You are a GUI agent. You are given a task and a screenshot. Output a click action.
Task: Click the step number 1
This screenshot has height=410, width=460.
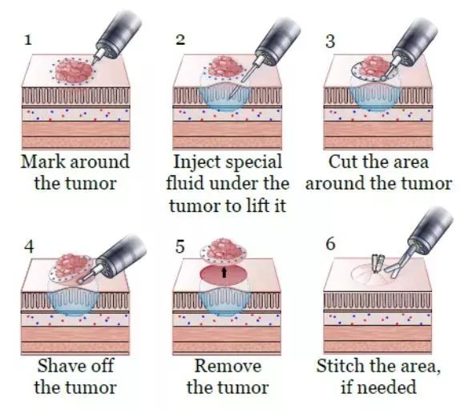[28, 39]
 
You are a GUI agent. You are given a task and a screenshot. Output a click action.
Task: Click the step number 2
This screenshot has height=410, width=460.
[180, 39]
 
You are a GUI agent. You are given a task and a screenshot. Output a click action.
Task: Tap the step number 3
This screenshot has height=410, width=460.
[330, 42]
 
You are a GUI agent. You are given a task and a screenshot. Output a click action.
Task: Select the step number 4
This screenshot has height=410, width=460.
[29, 246]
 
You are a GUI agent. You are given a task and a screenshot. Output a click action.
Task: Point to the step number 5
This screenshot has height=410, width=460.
[180, 246]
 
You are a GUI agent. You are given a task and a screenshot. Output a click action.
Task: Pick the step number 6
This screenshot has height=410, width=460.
[331, 244]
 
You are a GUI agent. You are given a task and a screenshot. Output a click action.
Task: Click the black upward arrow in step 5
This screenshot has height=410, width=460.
[224, 272]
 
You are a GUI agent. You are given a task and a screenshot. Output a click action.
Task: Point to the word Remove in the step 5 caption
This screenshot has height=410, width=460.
[228, 366]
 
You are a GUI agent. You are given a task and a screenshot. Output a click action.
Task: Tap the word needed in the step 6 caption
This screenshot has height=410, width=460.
[387, 387]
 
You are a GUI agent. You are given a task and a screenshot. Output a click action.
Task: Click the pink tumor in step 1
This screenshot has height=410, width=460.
[74, 71]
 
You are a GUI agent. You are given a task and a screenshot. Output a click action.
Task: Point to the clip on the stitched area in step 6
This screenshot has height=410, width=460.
[377, 262]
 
